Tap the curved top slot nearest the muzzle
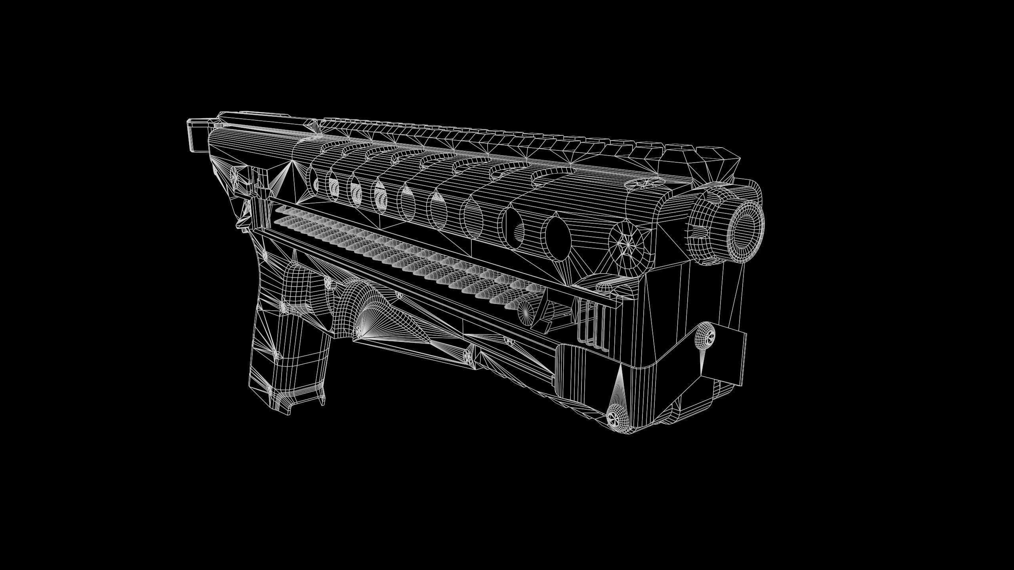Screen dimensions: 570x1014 point(555,171)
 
